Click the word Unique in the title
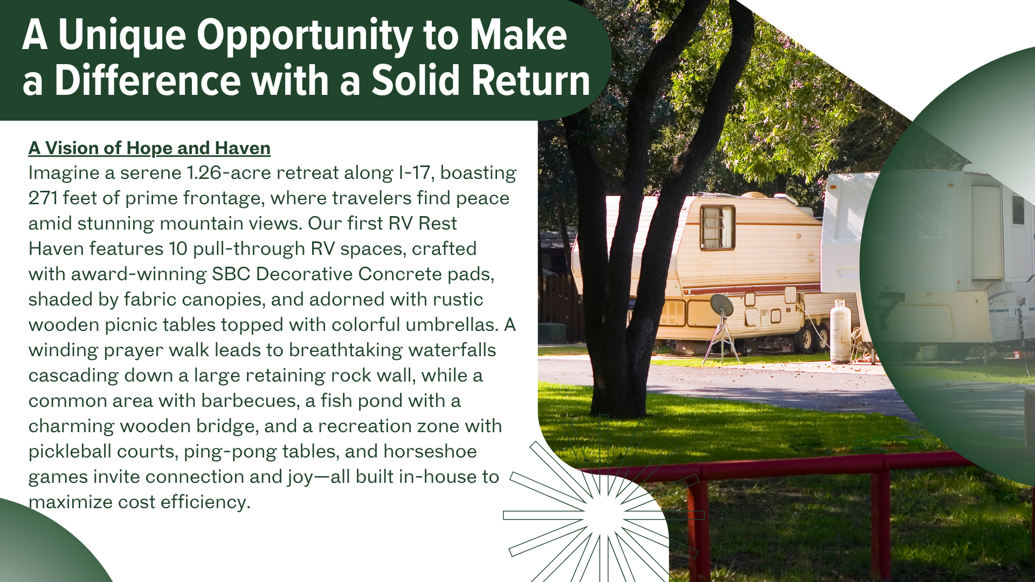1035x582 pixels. click(x=122, y=36)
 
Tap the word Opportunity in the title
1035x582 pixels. click(x=305, y=36)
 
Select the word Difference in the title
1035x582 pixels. click(x=147, y=81)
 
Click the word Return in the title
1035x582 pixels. click(x=531, y=81)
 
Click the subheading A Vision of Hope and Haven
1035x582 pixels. click(x=149, y=148)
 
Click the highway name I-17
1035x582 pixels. click(x=414, y=173)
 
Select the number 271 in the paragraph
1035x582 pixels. click(x=43, y=198)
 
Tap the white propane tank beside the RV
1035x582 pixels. click(x=840, y=332)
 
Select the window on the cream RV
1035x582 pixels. click(x=717, y=228)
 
